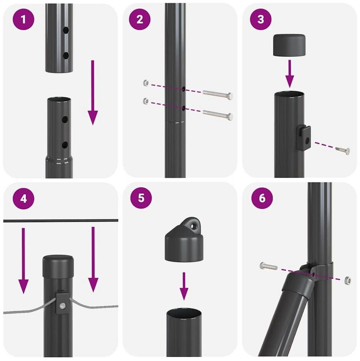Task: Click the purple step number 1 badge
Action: [x=23, y=19]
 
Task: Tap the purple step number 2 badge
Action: [x=140, y=19]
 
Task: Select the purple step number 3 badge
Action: [x=260, y=19]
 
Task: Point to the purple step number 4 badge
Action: [x=24, y=199]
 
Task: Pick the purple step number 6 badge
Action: [x=262, y=198]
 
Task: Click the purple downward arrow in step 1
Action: [x=93, y=93]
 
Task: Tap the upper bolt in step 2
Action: [x=218, y=95]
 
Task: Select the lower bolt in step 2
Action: [x=218, y=114]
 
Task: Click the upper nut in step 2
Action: [x=146, y=82]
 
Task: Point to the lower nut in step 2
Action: [x=146, y=101]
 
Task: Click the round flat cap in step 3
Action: [x=289, y=45]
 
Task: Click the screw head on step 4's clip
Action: [x=62, y=306]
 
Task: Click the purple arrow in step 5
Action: [x=183, y=286]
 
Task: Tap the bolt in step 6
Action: [x=268, y=266]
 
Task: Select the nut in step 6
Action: [x=347, y=281]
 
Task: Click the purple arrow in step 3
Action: [x=289, y=74]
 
